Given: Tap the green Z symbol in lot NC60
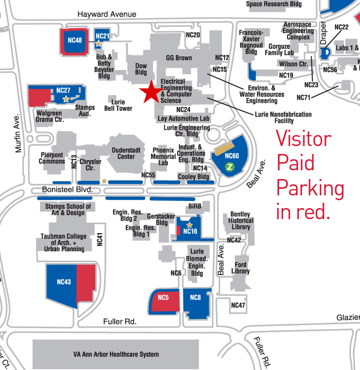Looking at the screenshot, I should click(x=229, y=166).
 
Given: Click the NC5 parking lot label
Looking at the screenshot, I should click(x=163, y=298).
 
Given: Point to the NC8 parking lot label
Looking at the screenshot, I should click(x=195, y=298).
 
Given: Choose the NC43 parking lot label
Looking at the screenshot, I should click(x=64, y=282).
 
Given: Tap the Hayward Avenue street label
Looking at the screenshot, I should click(x=107, y=15).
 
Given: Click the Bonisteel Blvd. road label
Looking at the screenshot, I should click(x=68, y=189).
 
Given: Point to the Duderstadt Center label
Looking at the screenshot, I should click(x=126, y=153).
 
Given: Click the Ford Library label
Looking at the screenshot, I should click(x=240, y=268).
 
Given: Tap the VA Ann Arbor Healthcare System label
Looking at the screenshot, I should click(x=116, y=354).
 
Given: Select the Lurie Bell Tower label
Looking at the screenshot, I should click(x=118, y=105).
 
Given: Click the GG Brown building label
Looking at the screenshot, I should click(x=178, y=58).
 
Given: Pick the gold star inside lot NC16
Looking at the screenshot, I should click(x=189, y=225).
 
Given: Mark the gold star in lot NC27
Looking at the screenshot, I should click(x=66, y=99).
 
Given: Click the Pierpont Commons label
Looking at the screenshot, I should click(x=52, y=158).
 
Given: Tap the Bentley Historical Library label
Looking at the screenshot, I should click(x=241, y=220).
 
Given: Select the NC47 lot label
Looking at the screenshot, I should click(x=238, y=305).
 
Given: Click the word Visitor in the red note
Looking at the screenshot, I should click(x=303, y=139).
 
